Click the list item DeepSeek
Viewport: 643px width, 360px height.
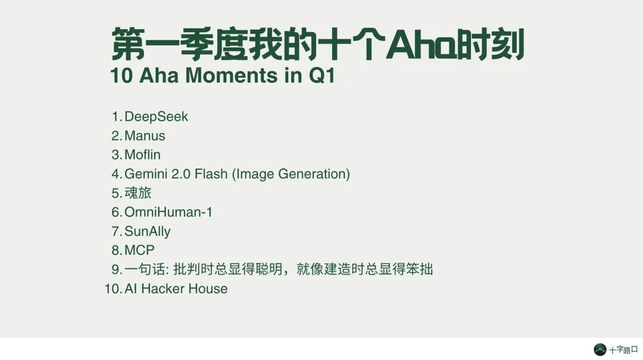[156, 117]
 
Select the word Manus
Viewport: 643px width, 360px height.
[145, 136]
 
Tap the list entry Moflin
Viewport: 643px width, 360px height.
[142, 155]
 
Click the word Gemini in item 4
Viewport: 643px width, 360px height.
[146, 174]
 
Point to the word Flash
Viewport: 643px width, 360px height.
[211, 174]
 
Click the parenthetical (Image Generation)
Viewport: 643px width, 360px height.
[291, 174]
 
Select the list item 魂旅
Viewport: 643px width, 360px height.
[138, 193]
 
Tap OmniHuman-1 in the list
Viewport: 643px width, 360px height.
[168, 212]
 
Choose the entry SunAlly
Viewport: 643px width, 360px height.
[147, 231]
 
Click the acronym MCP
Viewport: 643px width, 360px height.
[139, 250]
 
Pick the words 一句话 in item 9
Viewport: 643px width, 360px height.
[145, 270]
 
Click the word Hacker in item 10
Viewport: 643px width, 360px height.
[163, 289]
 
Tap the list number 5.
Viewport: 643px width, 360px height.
[117, 193]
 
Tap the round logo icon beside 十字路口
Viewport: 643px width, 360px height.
[600, 350]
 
